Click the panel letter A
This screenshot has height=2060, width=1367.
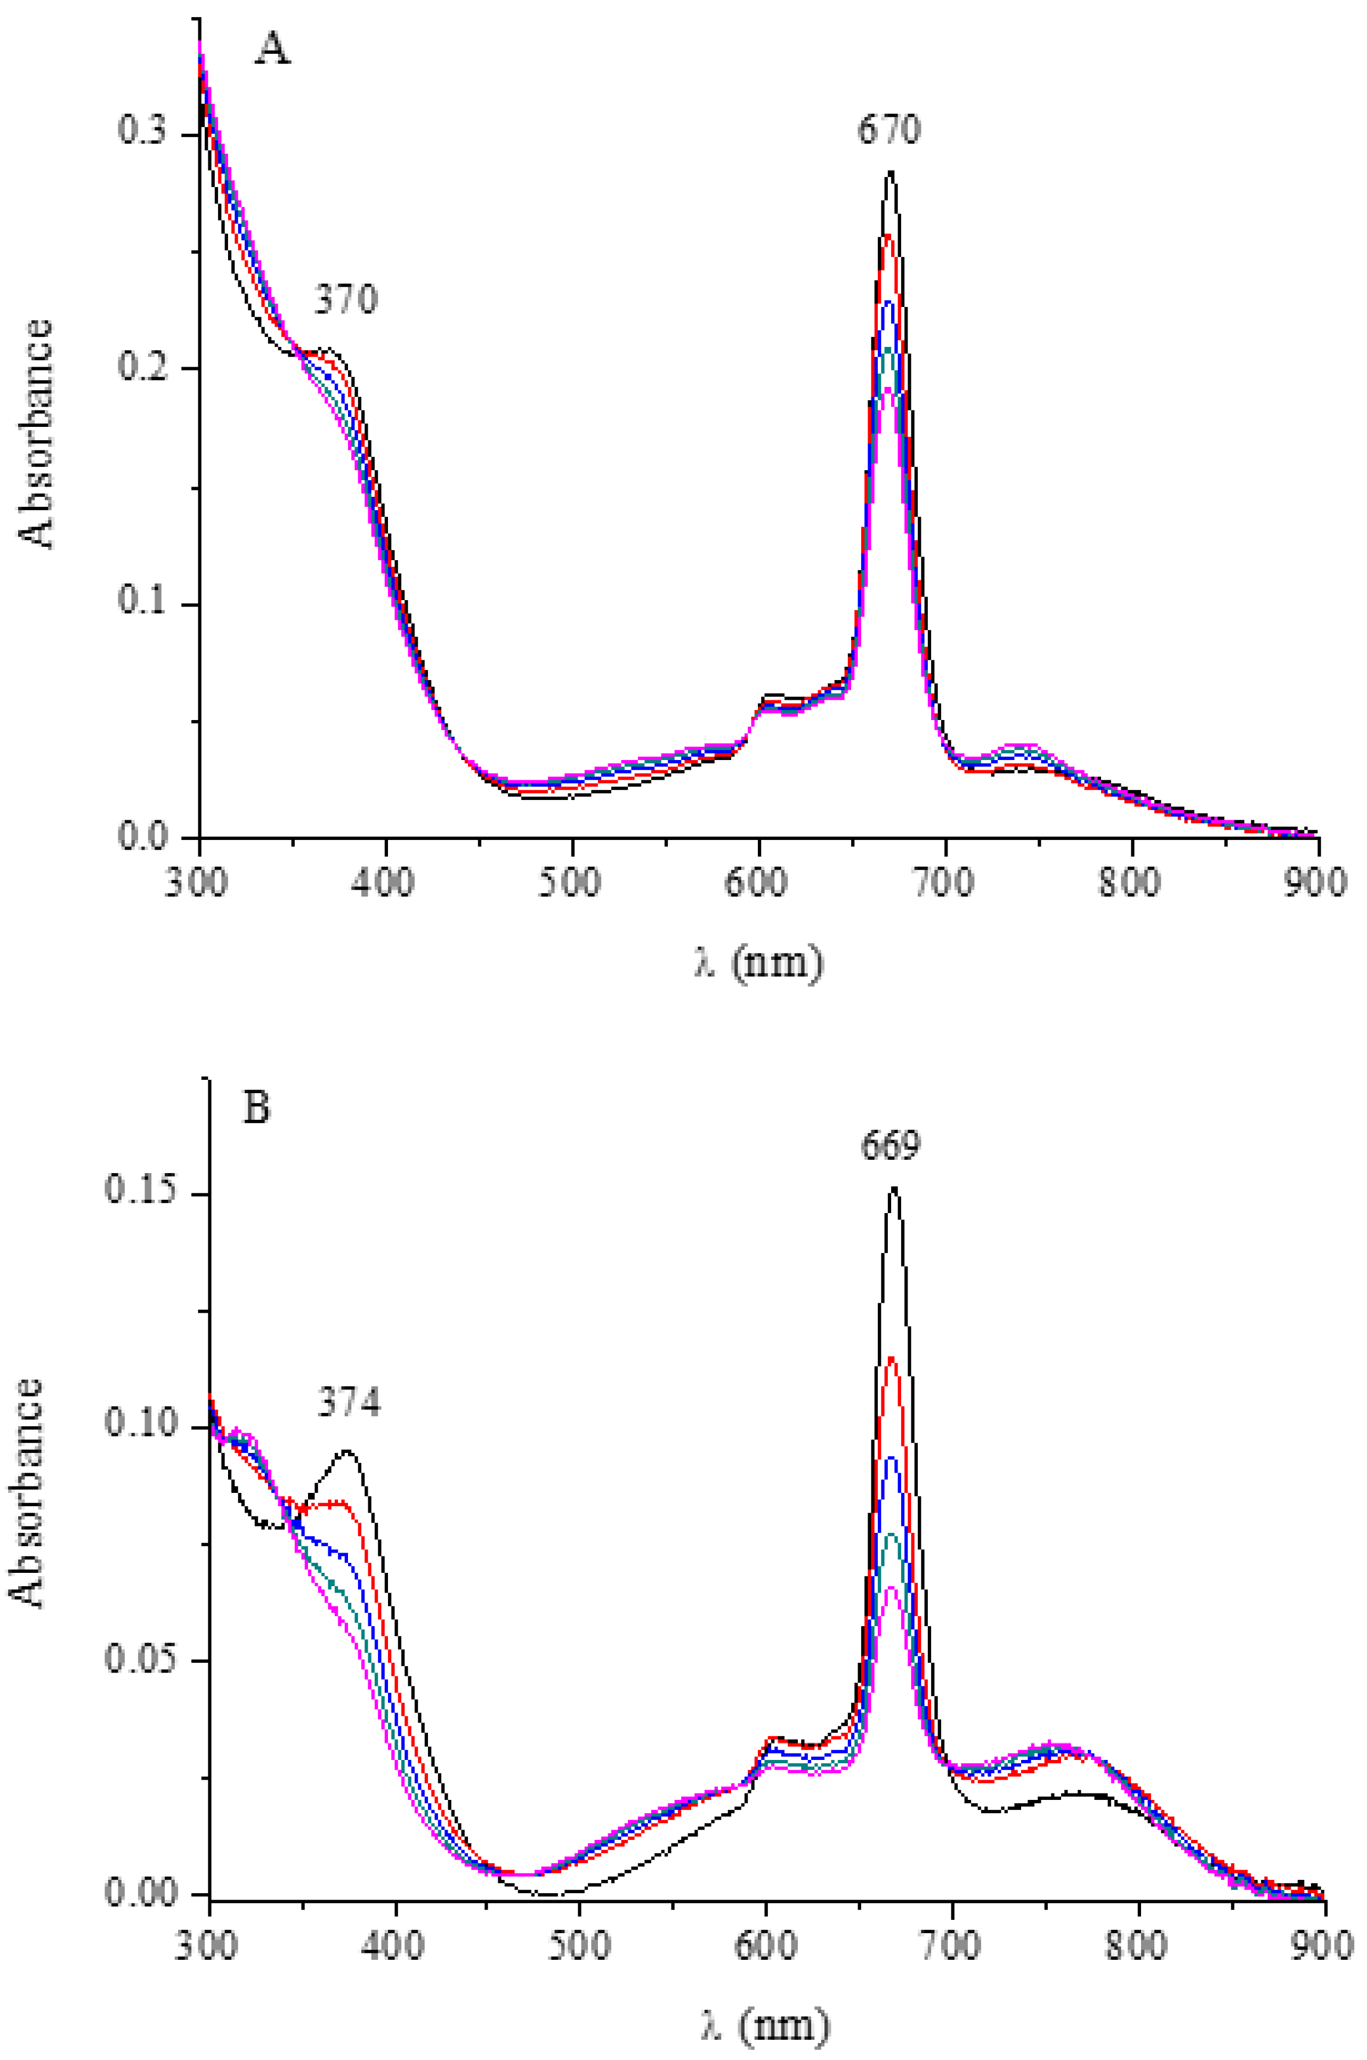272,51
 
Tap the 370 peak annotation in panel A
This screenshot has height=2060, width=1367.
346,301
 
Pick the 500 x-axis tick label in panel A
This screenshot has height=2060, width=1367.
572,882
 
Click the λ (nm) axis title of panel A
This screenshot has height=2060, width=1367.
758,964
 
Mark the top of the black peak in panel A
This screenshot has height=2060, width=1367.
890,172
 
